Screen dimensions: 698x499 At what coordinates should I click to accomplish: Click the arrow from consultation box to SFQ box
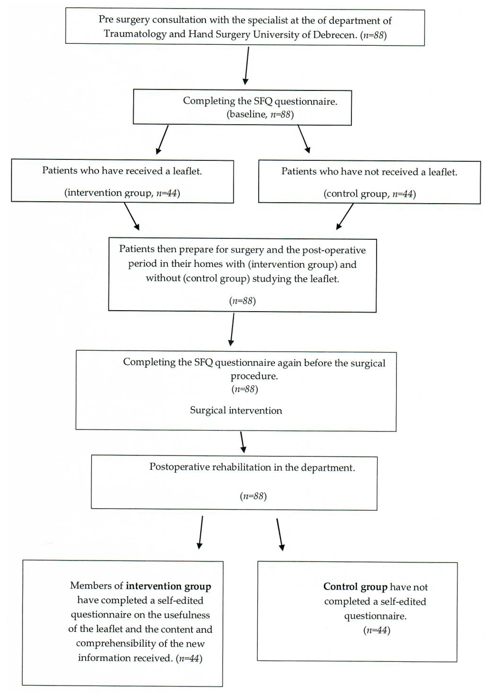pyautogui.click(x=247, y=66)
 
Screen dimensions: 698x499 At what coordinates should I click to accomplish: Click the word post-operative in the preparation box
pyautogui.click(x=334, y=250)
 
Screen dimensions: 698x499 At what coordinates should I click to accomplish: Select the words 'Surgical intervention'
pyautogui.click(x=236, y=411)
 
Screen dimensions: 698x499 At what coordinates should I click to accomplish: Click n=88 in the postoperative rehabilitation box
pyautogui.click(x=253, y=496)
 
